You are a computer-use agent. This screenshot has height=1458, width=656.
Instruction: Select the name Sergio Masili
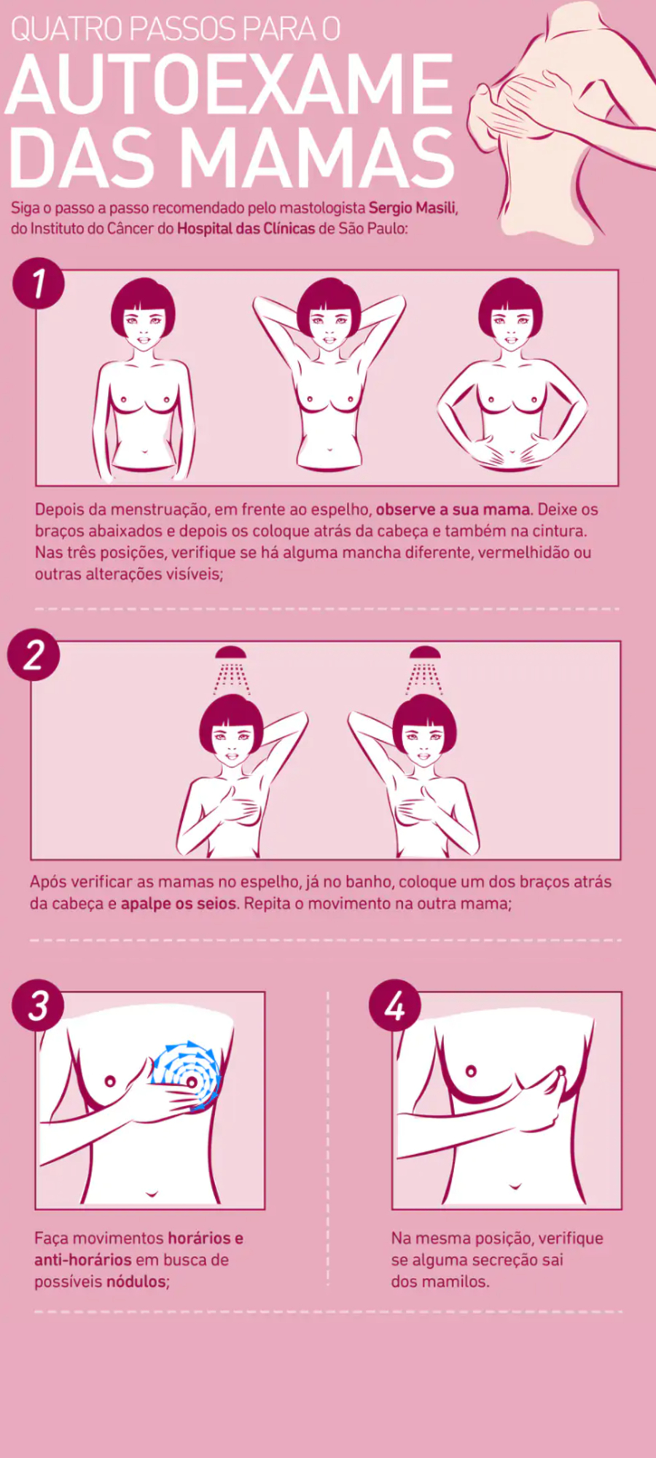point(413,208)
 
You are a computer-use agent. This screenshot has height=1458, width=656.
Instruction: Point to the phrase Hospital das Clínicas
point(246,228)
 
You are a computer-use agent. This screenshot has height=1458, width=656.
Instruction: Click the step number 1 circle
point(39,284)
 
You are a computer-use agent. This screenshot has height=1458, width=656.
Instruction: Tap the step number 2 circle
point(34,655)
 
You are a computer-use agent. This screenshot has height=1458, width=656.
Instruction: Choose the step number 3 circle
point(38,1005)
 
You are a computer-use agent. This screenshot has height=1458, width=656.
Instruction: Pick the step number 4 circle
point(394,1005)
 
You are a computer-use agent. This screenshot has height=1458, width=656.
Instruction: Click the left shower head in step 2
point(231,652)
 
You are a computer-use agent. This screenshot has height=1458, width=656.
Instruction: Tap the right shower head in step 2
point(425,652)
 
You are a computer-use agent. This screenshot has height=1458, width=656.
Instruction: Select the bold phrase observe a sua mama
point(453,510)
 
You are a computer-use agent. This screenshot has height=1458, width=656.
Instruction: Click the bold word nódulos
point(136,1282)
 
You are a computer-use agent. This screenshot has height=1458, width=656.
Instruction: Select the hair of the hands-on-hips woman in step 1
point(510,303)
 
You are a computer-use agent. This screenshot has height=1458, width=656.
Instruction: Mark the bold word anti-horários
point(83,1260)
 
